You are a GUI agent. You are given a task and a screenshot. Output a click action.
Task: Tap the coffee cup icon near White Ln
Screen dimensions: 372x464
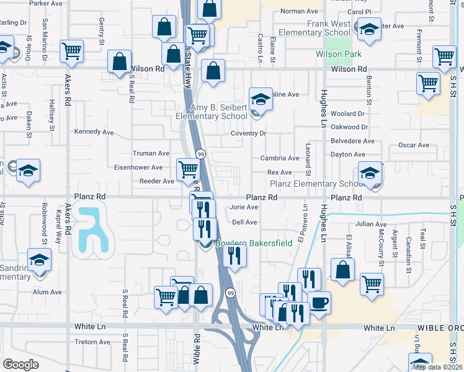(319, 303)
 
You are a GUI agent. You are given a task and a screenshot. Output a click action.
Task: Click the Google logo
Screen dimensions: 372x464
(21, 364)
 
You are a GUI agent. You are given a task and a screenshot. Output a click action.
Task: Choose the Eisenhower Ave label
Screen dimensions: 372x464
(138, 167)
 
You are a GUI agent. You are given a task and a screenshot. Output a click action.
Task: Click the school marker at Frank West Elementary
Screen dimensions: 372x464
(370, 29)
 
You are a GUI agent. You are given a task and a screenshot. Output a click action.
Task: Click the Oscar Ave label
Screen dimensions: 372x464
(414, 146)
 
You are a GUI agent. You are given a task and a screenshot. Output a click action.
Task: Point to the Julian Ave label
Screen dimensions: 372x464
(372, 224)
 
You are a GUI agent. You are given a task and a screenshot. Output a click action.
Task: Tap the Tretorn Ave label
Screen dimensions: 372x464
(92, 342)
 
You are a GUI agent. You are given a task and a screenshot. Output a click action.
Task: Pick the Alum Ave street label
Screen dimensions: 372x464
(47, 292)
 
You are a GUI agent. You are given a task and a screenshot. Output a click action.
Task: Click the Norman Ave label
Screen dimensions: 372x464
(299, 11)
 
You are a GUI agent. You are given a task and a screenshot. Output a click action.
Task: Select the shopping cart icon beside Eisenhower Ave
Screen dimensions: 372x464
(188, 169)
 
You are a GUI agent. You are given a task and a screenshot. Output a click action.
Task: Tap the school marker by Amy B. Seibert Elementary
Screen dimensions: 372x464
(261, 99)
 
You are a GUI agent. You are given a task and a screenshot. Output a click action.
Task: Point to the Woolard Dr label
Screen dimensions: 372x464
(348, 114)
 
